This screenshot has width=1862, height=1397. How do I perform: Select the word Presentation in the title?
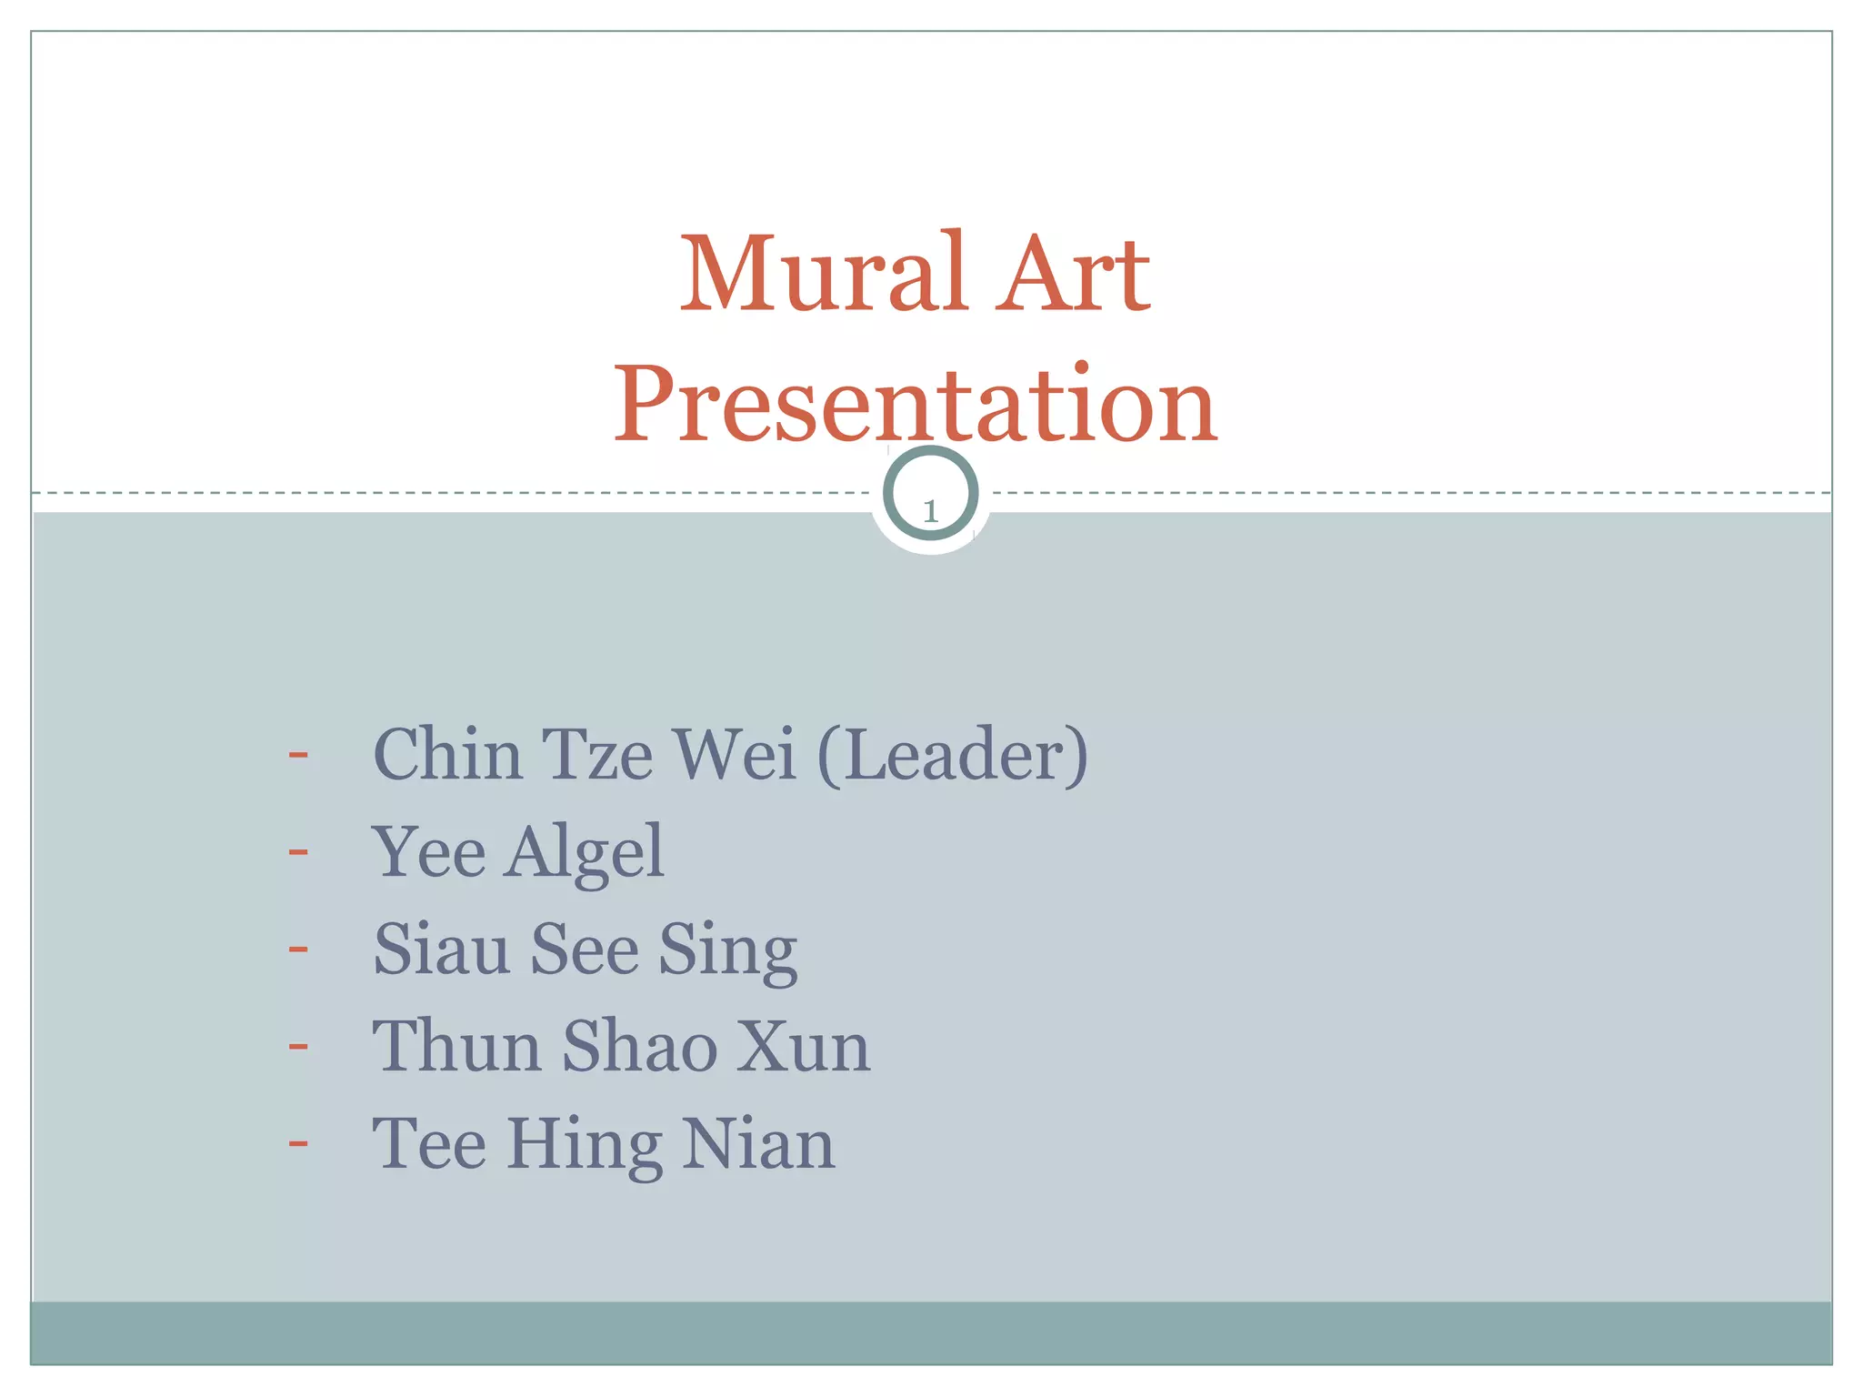click(916, 403)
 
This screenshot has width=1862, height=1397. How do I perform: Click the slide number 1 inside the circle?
click(930, 511)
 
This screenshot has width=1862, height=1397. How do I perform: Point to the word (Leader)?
click(953, 755)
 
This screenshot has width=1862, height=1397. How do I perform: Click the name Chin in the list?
click(447, 755)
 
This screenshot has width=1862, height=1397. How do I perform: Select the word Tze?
click(597, 755)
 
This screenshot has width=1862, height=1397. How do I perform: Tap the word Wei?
click(735, 755)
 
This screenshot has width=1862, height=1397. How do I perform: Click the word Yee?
click(428, 852)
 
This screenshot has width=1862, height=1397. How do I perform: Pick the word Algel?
click(586, 852)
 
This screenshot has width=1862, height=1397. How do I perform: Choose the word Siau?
click(441, 950)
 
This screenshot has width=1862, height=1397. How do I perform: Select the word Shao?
click(639, 1047)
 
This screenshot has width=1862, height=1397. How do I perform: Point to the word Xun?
click(803, 1047)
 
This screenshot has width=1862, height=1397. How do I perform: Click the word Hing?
click(584, 1145)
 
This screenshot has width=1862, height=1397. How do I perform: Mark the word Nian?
click(758, 1143)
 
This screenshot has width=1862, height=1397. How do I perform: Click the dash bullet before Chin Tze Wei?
click(298, 754)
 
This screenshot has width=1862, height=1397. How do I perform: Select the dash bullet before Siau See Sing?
click(298, 949)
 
